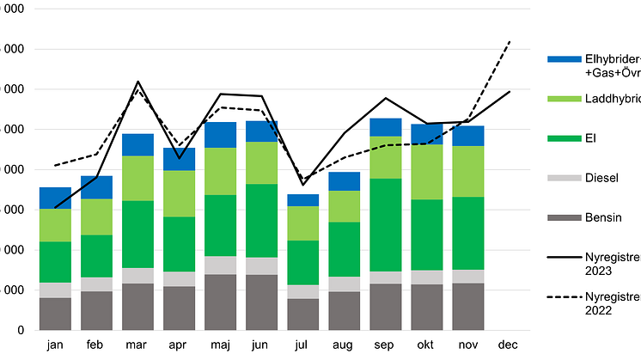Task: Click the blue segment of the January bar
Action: (55, 198)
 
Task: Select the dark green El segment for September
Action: (386, 225)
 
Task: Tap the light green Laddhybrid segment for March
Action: (137, 178)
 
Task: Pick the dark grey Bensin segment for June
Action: (261, 302)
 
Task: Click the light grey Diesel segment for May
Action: (221, 265)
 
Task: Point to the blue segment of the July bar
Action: (302, 200)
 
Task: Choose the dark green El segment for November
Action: (467, 233)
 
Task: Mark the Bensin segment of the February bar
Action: (96, 310)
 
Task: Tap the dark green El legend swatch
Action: (563, 138)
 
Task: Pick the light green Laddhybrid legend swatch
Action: (563, 99)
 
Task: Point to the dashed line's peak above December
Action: (510, 41)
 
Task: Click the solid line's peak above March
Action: (137, 82)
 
